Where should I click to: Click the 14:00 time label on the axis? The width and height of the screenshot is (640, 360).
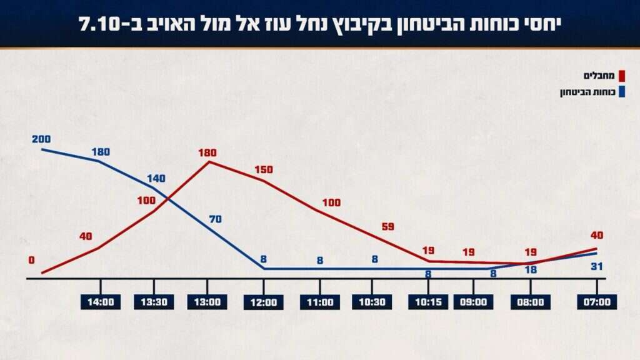click(x=101, y=302)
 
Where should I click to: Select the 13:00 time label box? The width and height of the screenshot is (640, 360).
click(x=207, y=302)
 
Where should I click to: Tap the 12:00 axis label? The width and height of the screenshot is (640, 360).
click(x=264, y=302)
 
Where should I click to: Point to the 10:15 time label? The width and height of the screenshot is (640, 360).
click(x=428, y=302)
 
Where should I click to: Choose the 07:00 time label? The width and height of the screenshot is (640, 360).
click(x=597, y=302)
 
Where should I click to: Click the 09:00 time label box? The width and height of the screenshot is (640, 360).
click(x=473, y=302)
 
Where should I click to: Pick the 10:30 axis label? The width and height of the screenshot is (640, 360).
click(x=372, y=302)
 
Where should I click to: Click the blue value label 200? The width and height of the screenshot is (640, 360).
click(x=41, y=139)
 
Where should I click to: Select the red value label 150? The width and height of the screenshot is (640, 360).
click(x=265, y=169)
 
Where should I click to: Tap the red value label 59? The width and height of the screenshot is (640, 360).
click(x=387, y=226)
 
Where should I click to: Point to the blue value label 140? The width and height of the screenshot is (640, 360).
click(x=156, y=178)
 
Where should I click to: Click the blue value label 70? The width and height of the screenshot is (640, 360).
click(x=216, y=219)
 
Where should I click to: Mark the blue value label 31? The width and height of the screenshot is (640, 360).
click(x=596, y=267)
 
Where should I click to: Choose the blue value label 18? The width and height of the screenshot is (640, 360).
click(x=531, y=269)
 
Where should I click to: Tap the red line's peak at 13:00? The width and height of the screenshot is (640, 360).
click(x=208, y=162)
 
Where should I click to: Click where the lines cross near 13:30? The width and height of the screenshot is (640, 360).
click(x=168, y=199)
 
